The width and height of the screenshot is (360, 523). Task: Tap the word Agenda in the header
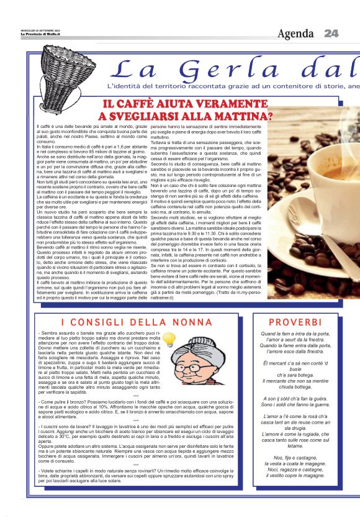[295, 33]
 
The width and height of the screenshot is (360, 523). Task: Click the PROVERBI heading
[295, 322]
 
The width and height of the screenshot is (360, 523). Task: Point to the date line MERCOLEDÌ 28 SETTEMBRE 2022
[24, 29]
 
